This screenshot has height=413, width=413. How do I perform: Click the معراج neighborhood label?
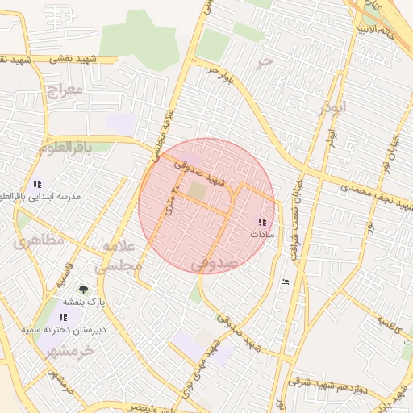pos(65,89)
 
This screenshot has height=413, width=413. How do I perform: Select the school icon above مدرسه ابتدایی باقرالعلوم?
pos(37,184)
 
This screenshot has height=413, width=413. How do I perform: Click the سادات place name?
pos(262,234)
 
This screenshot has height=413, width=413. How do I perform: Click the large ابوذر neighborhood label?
pos(332,106)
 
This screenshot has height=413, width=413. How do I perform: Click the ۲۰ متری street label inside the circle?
pos(172,201)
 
